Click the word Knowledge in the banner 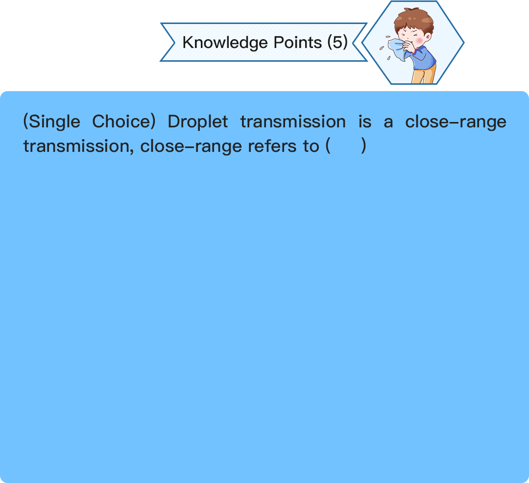(225, 43)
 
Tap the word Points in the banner (298, 42)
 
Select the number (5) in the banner (337, 42)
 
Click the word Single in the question (55, 122)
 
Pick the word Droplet (198, 122)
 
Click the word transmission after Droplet (293, 122)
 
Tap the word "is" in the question (365, 122)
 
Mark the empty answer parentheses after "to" (346, 146)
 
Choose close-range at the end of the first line (456, 122)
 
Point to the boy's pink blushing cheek (419, 41)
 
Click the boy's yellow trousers (423, 75)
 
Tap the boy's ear (428, 36)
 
